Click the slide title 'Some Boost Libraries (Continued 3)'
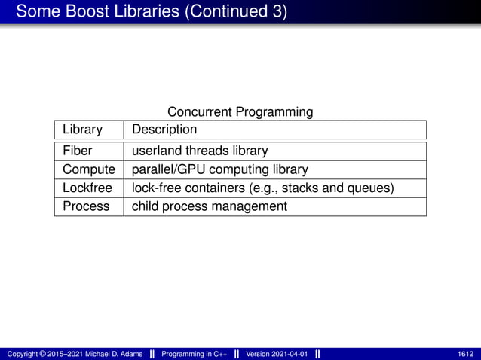click(151, 12)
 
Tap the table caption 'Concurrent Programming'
click(240, 112)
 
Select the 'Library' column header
click(82, 130)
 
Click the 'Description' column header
click(164, 130)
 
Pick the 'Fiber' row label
click(78, 151)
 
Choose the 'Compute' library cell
click(89, 169)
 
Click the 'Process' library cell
click(86, 206)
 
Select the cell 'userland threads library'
click(200, 151)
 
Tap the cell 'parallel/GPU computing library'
click(220, 169)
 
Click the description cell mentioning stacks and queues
click(262, 188)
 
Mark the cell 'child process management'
click(210, 206)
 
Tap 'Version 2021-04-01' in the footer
click(276, 354)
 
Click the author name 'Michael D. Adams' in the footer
click(112, 354)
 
